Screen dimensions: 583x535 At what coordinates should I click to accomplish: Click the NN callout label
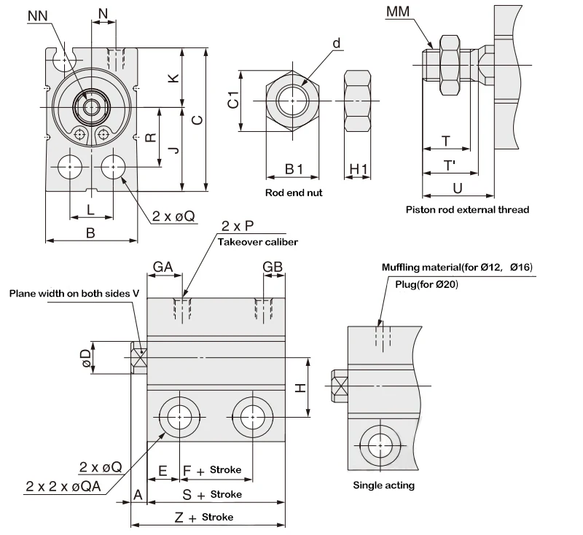coord(38,16)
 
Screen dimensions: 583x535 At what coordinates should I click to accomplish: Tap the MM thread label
coord(397,12)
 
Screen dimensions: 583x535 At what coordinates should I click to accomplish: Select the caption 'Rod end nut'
coord(294,192)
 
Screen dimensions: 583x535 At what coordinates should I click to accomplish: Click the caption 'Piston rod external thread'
coord(467,210)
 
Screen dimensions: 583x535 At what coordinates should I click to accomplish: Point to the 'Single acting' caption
coord(383,485)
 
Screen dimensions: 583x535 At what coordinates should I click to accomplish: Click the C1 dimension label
coord(233,100)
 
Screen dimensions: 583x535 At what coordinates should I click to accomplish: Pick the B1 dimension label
coord(294,169)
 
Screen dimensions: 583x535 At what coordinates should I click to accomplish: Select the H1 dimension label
coord(359,169)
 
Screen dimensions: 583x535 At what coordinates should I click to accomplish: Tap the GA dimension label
coord(163,267)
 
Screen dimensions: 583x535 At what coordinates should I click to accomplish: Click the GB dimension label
coord(273,267)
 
